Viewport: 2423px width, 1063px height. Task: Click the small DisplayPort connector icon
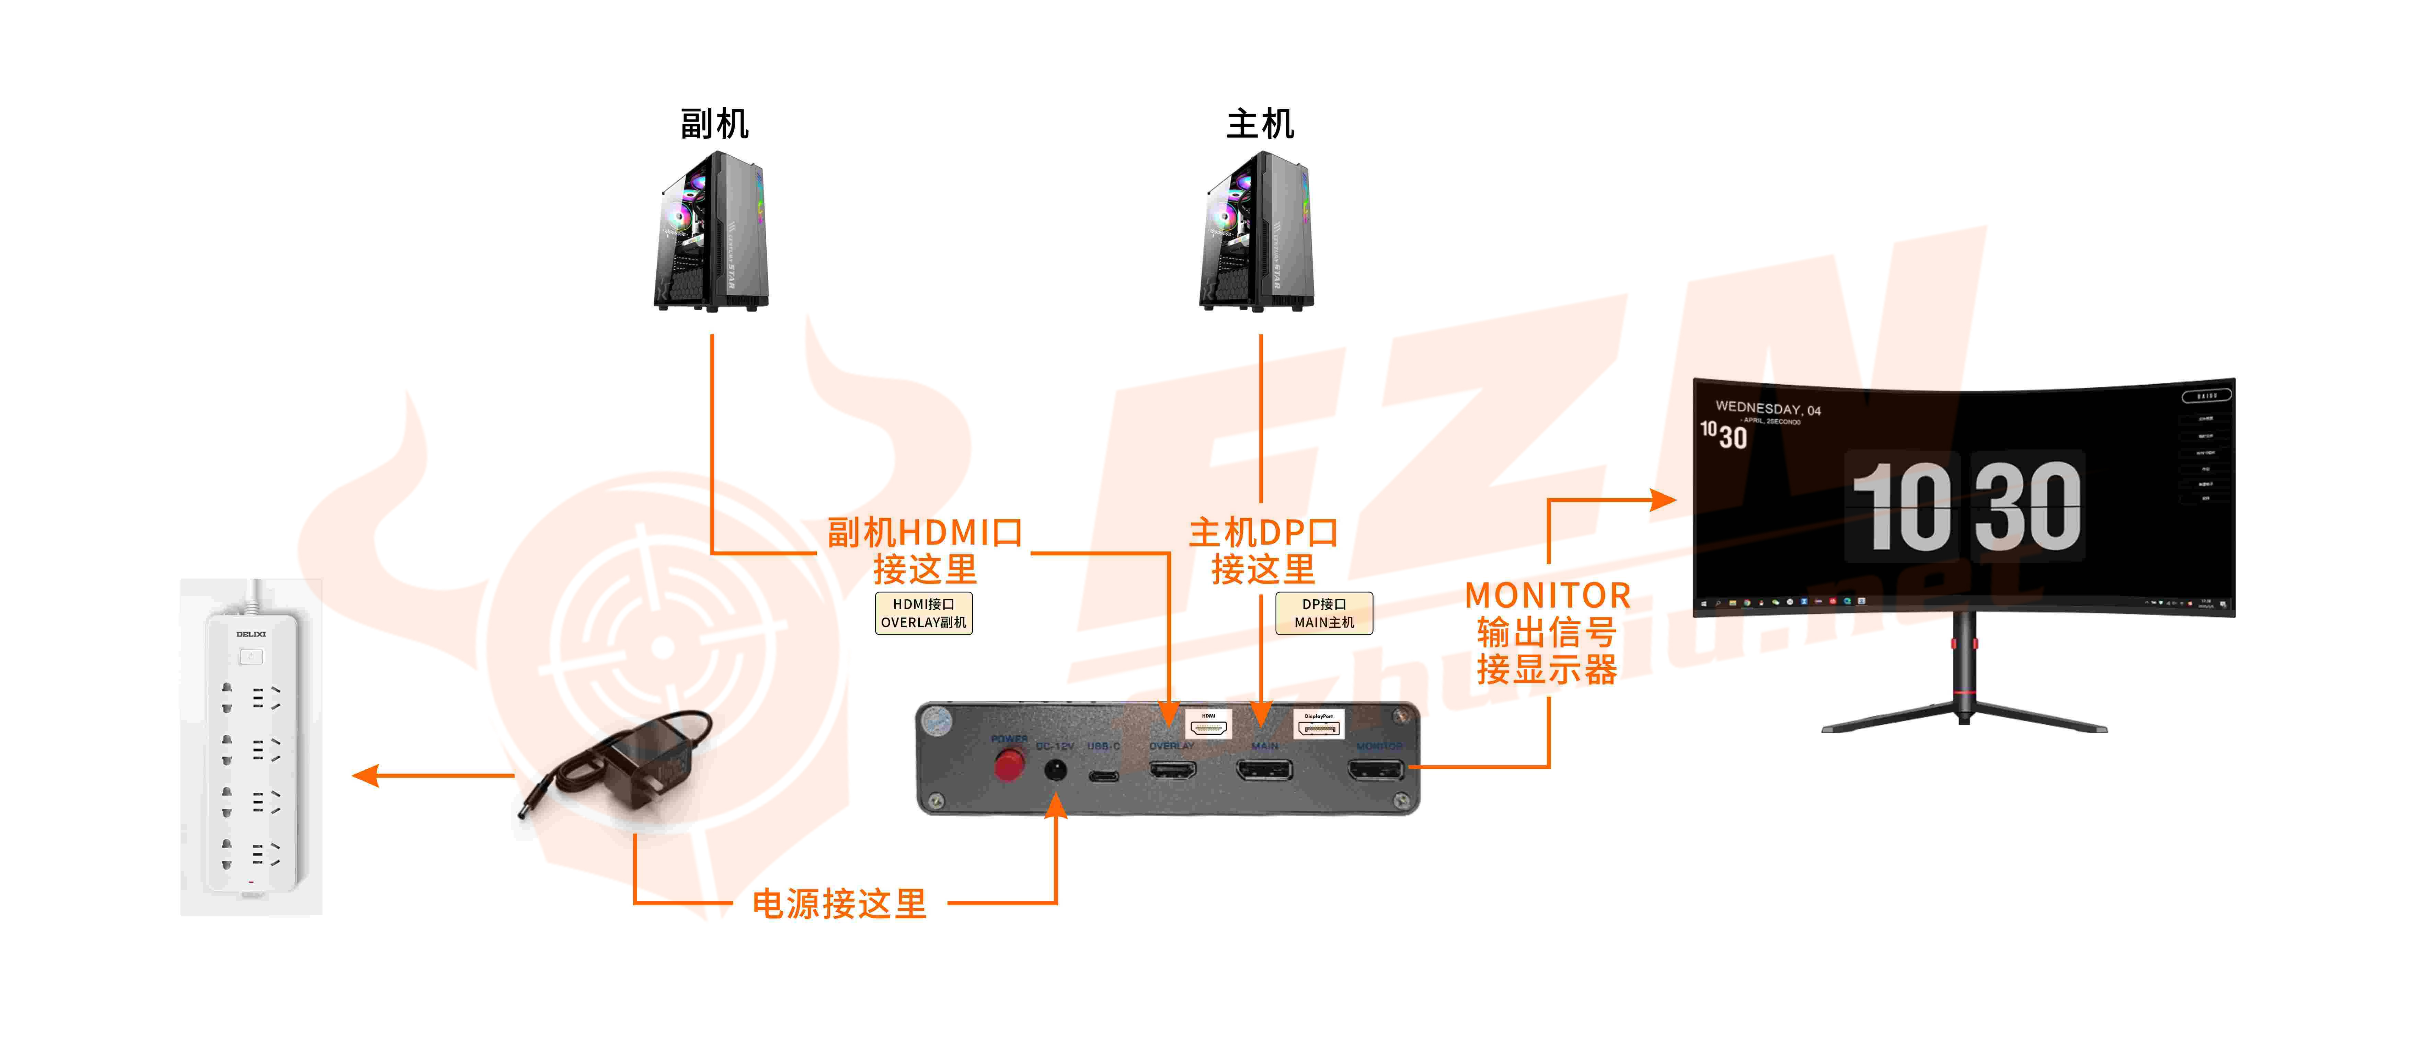tap(1319, 726)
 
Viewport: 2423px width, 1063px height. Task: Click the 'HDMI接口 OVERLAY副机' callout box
tap(924, 613)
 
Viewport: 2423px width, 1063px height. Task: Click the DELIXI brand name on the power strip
tap(251, 634)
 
